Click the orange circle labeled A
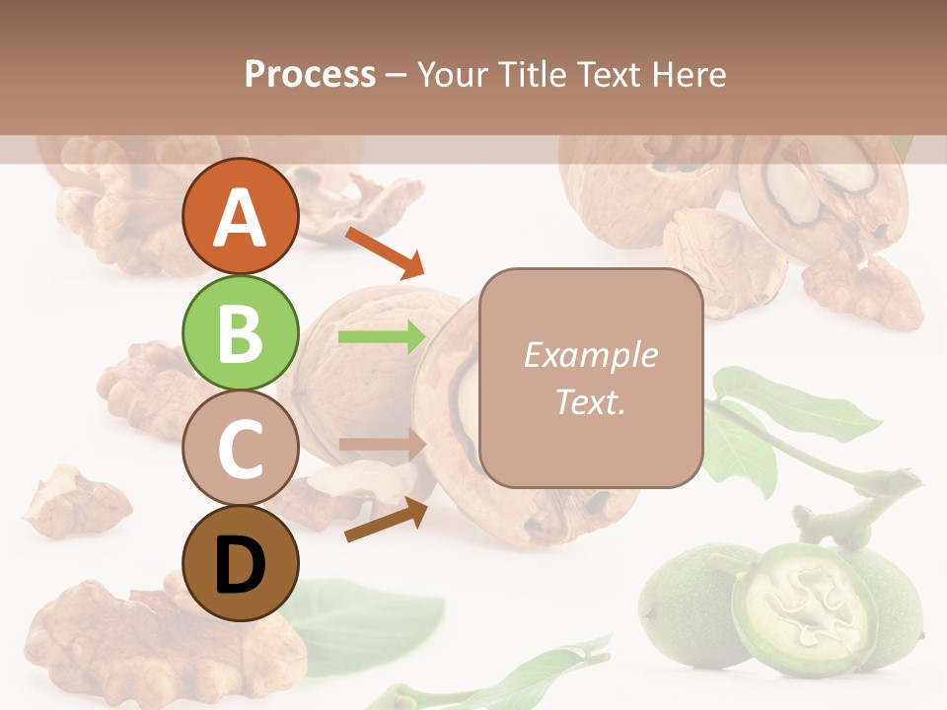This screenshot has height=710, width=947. (x=241, y=216)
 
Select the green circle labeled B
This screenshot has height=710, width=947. (x=241, y=332)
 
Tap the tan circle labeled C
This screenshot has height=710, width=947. (x=241, y=449)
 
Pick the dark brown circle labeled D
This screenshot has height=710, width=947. (x=241, y=564)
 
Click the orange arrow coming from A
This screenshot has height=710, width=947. (x=385, y=251)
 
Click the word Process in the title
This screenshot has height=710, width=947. (x=310, y=74)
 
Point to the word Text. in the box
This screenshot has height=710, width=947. (x=590, y=401)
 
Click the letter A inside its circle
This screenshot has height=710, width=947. (x=241, y=218)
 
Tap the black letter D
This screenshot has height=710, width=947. (x=241, y=566)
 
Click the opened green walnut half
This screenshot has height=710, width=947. (x=804, y=606)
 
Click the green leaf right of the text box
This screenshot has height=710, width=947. (x=789, y=404)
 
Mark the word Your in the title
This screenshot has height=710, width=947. (x=454, y=74)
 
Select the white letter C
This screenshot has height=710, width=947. (x=241, y=450)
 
